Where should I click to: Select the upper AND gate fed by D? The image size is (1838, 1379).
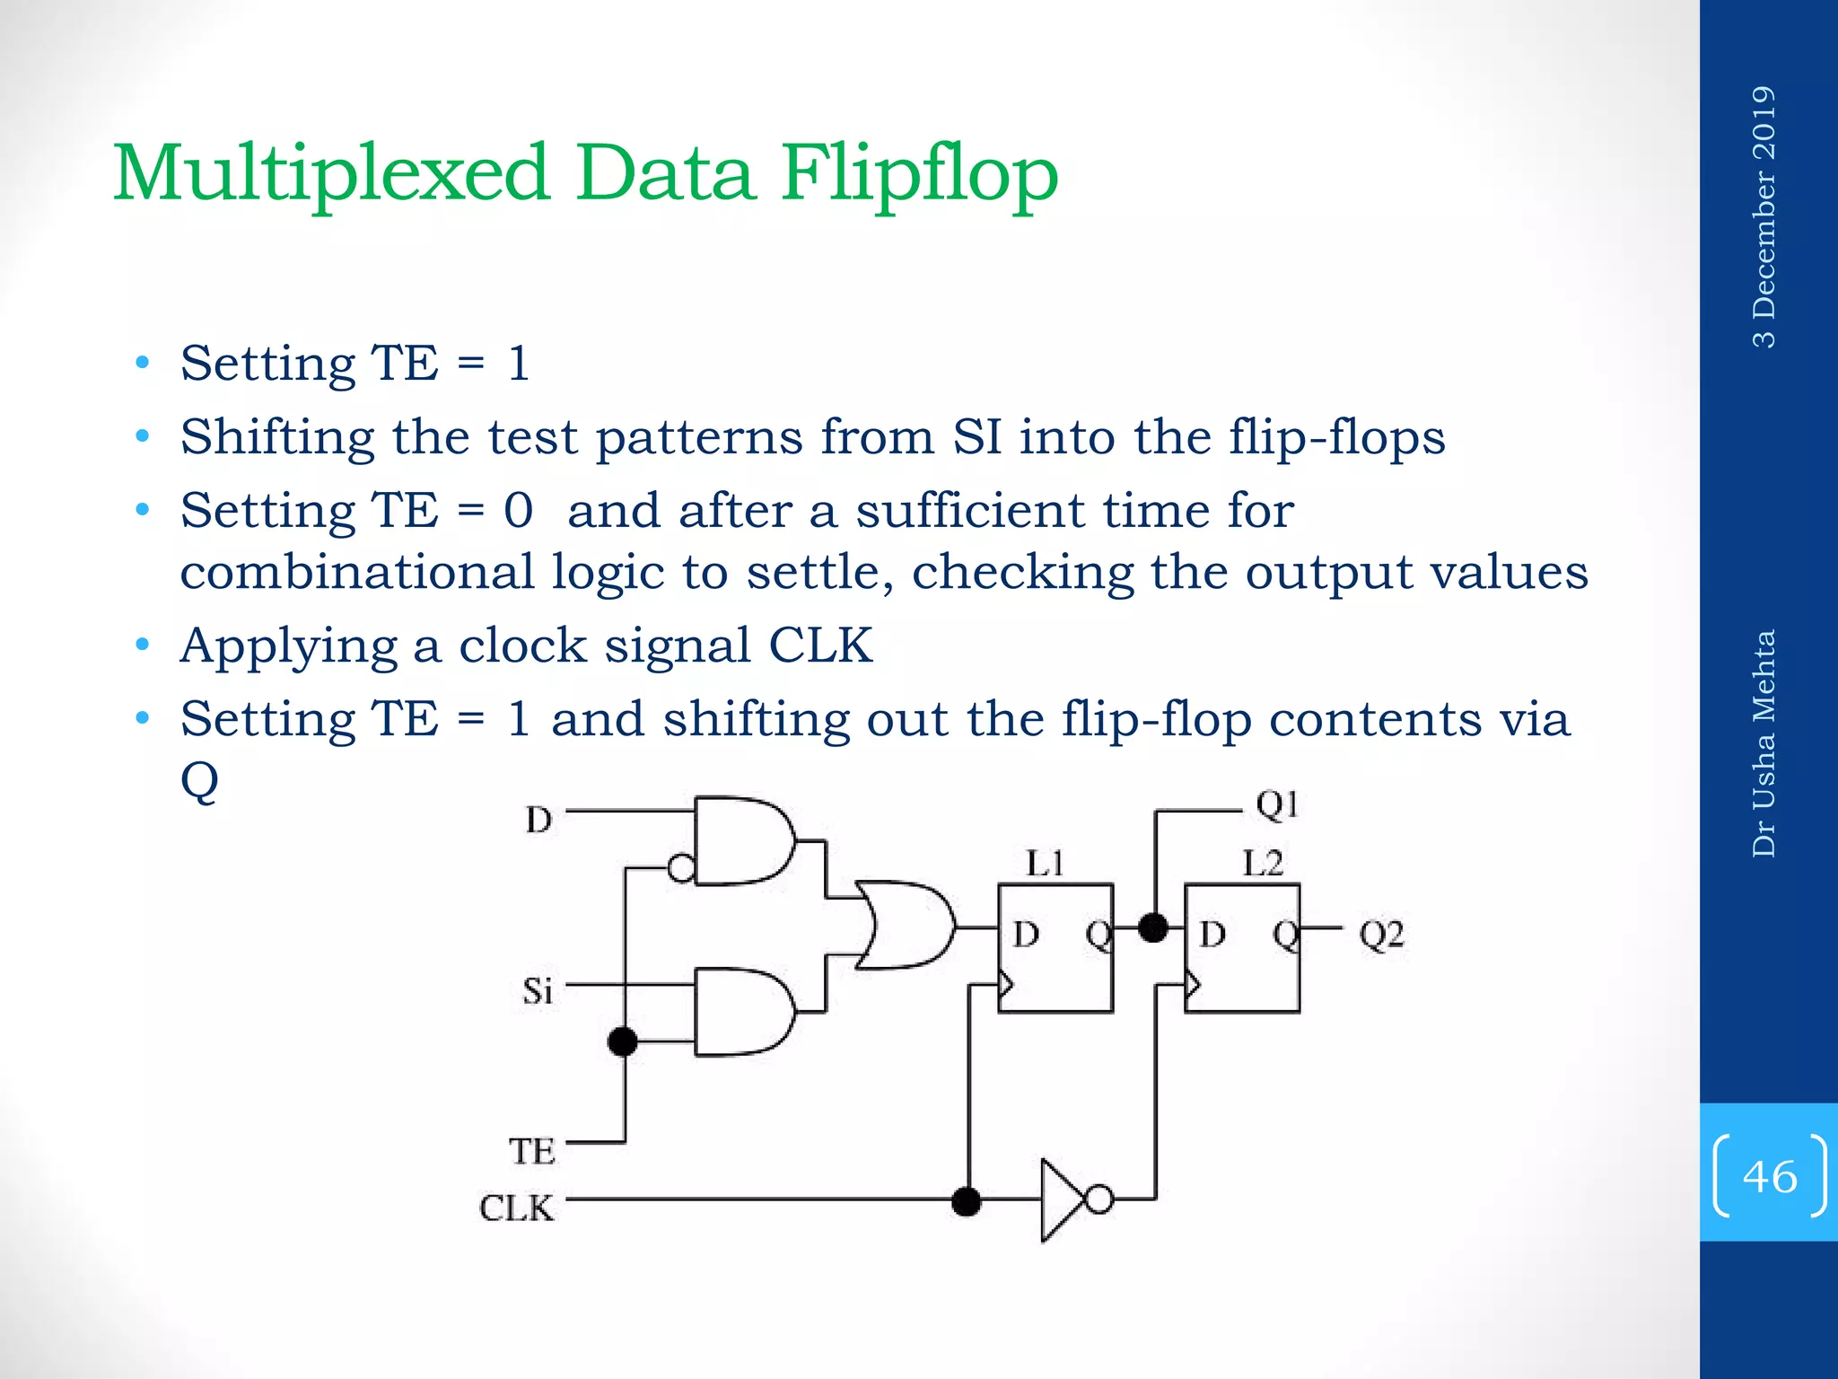741,840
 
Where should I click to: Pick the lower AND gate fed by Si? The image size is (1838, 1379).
741,1012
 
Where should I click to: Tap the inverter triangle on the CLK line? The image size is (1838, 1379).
1062,1199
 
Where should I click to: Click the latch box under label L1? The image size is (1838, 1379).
1055,948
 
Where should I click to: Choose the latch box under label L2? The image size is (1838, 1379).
1242,948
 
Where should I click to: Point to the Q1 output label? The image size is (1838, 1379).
1277,805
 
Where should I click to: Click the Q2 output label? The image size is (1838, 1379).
1381,935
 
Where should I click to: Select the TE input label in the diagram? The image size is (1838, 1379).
532,1152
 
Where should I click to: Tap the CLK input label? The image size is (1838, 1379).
516,1208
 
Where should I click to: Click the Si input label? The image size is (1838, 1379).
538,991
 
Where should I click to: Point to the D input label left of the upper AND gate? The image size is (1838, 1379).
538,820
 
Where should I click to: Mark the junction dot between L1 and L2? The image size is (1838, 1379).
1153,927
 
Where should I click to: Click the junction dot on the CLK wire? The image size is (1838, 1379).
966,1200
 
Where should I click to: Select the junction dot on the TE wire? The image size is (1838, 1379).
623,1041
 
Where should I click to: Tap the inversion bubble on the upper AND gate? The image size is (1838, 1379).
682,868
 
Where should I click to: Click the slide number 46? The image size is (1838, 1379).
1770,1176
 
